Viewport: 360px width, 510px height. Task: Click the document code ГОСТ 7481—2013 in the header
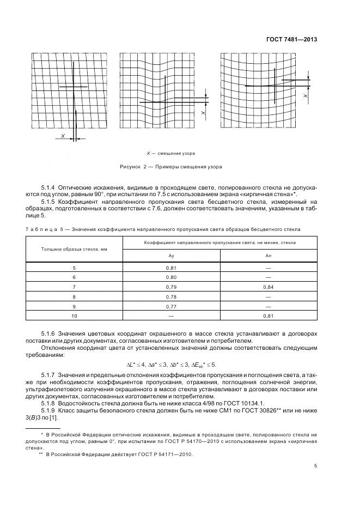pos(291,39)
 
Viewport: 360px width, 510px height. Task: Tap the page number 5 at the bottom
pos(316,465)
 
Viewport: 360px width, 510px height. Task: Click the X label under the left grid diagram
pos(63,135)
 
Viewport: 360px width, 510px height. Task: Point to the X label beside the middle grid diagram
pos(203,113)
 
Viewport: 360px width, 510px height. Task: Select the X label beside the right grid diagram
pos(306,95)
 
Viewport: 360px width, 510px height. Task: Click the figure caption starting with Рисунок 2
pos(171,166)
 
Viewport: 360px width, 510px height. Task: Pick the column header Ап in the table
pos(268,256)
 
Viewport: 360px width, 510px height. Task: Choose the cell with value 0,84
pos(268,287)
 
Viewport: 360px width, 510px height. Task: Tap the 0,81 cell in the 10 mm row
pos(268,315)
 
